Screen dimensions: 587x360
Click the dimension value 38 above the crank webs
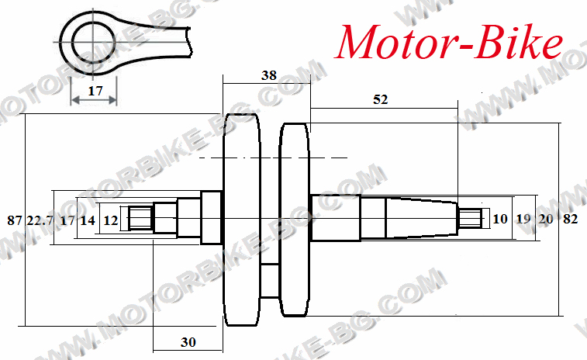click(269, 75)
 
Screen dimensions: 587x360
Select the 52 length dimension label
click(381, 99)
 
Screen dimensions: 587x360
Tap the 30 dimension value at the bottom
click(188, 342)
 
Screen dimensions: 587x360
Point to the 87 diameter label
click(15, 220)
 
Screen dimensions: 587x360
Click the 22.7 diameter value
click(40, 220)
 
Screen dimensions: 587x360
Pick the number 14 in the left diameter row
click(88, 220)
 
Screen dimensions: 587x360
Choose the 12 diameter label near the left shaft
click(110, 220)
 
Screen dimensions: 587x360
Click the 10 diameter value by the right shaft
click(500, 218)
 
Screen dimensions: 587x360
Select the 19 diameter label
click(523, 218)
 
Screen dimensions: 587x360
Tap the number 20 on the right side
click(546, 218)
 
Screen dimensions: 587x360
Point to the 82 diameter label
click(571, 218)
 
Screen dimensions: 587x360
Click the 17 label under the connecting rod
click(95, 91)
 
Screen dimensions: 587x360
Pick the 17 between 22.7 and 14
click(67, 220)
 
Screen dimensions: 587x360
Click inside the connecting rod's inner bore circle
click(94, 42)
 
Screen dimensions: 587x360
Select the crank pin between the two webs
click(270, 281)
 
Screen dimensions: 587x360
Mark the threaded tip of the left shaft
click(140, 218)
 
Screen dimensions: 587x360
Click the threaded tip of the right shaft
click(470, 218)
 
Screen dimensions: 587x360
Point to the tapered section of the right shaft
click(422, 218)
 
